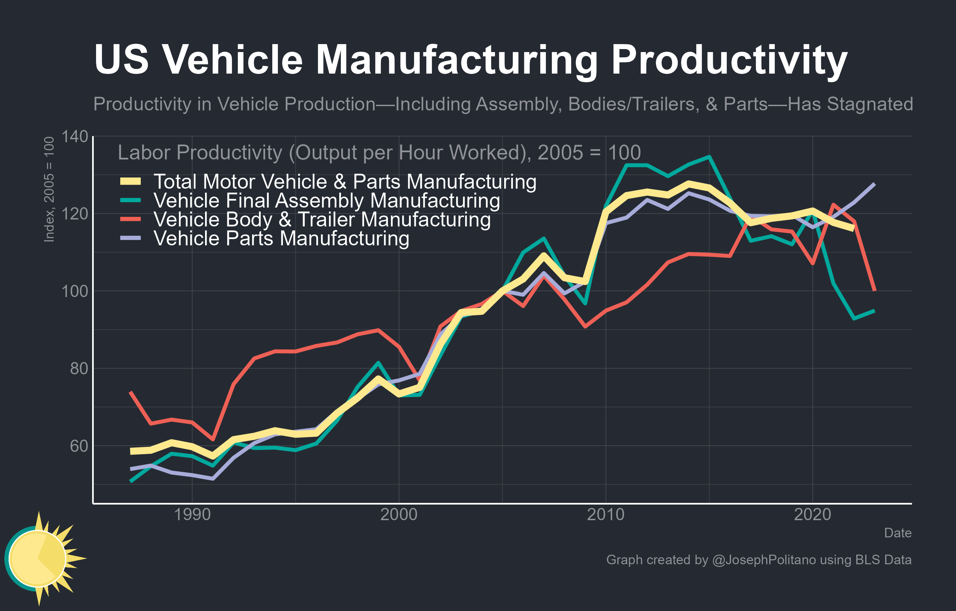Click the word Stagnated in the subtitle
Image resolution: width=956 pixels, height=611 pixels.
(870, 104)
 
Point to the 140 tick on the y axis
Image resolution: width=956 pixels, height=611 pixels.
(75, 137)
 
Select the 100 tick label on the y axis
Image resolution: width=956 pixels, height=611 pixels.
(75, 291)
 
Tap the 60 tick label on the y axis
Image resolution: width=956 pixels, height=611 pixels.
(79, 446)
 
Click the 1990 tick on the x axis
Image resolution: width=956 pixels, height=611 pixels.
(192, 515)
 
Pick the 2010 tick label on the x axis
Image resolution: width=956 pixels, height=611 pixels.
(606, 515)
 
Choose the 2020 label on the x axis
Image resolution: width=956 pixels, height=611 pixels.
(812, 515)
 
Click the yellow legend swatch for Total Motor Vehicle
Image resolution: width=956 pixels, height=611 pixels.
(131, 182)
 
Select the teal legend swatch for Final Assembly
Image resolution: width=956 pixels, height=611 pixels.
(131, 200)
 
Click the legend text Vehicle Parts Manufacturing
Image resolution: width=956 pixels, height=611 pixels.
(281, 238)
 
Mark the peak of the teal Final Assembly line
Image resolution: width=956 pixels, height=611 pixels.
(709, 157)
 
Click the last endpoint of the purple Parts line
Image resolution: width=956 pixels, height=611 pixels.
(875, 184)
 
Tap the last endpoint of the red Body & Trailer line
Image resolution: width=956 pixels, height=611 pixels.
(875, 290)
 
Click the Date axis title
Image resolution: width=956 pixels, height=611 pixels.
(897, 533)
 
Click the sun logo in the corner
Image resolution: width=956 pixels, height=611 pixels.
(40, 558)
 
